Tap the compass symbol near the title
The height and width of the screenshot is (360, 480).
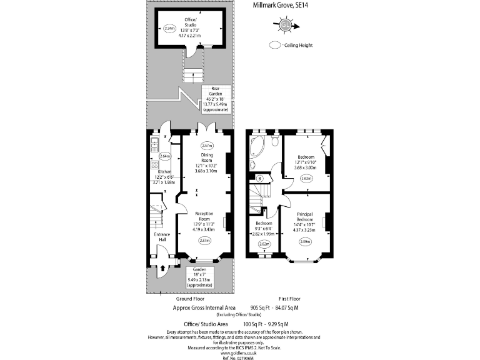click(285, 25)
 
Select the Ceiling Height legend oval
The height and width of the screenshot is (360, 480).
click(276, 45)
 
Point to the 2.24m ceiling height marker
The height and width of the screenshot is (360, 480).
click(169, 29)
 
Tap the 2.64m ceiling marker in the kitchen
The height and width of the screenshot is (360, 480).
click(165, 156)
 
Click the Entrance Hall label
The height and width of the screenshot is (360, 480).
click(162, 237)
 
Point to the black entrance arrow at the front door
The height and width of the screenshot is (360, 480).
click(164, 267)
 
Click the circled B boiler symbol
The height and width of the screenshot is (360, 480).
click(259, 179)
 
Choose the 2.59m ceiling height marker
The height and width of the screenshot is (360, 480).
click(306, 241)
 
